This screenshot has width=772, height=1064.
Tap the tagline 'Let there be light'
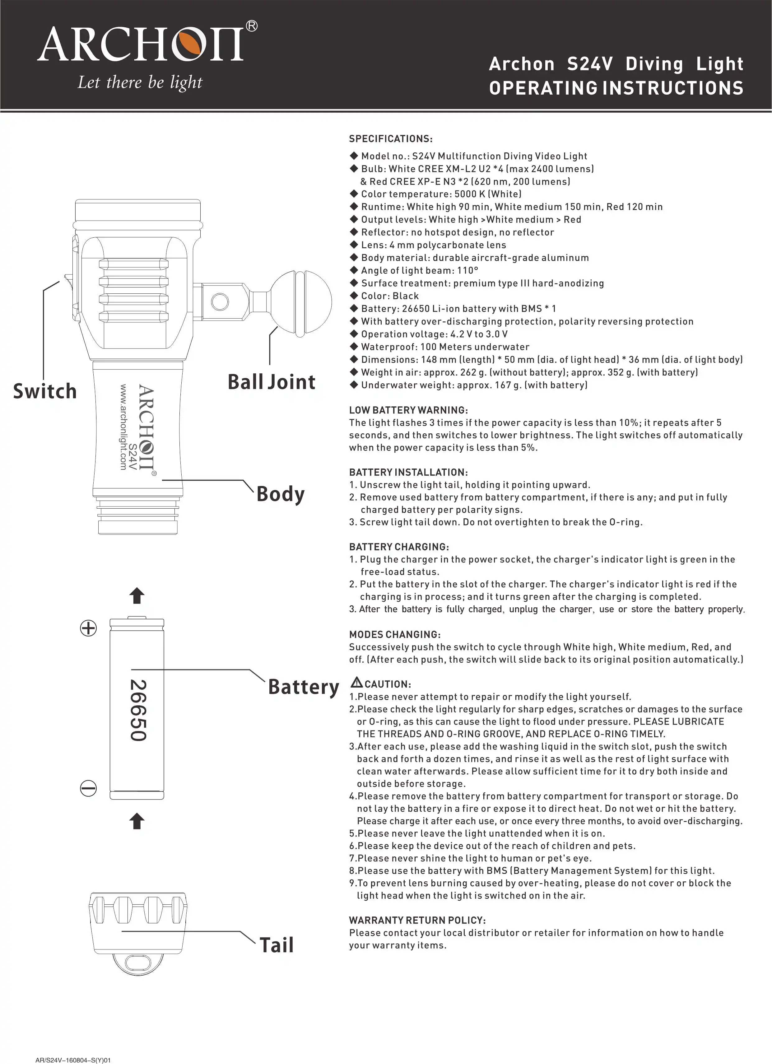coord(140,82)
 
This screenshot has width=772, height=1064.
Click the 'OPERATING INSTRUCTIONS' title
coord(616,88)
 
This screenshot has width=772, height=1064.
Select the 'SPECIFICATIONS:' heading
coord(391,139)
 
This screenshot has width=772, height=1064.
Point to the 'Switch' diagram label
coord(45,391)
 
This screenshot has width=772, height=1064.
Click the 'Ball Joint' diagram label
coord(272,382)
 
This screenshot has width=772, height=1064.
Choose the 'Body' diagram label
coord(281,494)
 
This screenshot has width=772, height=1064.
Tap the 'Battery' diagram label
coord(304,687)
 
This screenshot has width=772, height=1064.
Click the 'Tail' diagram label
coord(277,945)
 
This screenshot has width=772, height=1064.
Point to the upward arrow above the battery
coord(137,595)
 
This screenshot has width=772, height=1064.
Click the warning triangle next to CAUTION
coord(357,682)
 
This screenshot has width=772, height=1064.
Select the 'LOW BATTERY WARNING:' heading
coord(408,410)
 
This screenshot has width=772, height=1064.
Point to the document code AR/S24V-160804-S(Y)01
coord(73,1060)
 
